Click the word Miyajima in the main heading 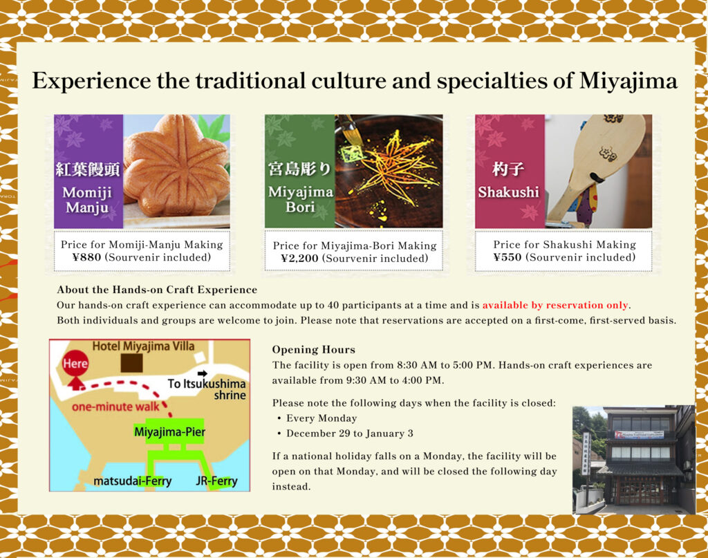click(628, 82)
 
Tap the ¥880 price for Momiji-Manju click(86, 257)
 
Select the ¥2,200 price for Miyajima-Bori click(299, 258)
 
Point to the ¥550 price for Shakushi click(507, 257)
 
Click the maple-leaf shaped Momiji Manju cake click(176, 165)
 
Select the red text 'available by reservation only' click(555, 305)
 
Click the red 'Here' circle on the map click(75, 364)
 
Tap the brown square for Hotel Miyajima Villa click(132, 363)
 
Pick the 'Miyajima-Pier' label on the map click(170, 432)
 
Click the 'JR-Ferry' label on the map click(216, 481)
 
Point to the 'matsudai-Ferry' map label click(133, 481)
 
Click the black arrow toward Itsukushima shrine click(203, 373)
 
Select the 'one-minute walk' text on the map click(115, 407)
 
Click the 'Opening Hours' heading click(313, 349)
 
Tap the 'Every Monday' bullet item click(322, 418)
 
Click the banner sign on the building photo click(639, 434)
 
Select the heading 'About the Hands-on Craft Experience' click(157, 290)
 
